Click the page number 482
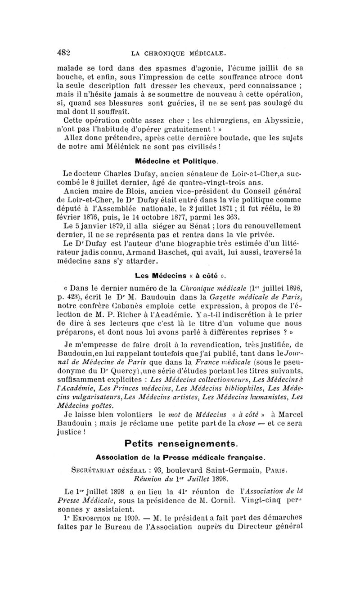pos(66,52)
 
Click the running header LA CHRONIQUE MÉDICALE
pos(178,54)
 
